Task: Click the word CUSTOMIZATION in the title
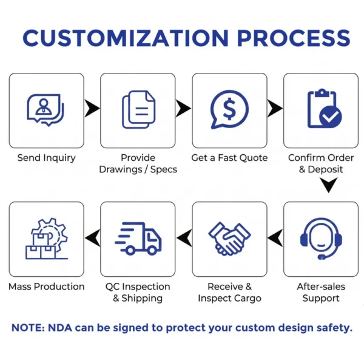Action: pos(126,38)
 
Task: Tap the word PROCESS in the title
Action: pos(294,38)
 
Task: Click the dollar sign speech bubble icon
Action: pos(229,109)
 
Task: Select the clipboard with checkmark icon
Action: pos(325,109)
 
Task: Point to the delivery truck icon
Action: pos(138,239)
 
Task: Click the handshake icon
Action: pos(229,239)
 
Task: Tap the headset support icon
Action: pos(321,239)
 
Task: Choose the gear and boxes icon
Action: pos(47,239)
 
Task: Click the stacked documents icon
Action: pos(138,109)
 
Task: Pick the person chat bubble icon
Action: pos(45,110)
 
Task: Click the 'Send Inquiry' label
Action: pos(47,158)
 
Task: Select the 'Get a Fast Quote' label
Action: pos(229,158)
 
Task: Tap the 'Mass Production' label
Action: pos(47,287)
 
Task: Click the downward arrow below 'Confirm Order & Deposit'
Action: pos(329,185)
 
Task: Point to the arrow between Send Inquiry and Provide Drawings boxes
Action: pos(92,108)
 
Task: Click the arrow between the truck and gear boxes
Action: pos(92,238)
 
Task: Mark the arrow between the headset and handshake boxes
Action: pos(275,238)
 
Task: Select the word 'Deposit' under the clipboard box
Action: pos(325,170)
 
